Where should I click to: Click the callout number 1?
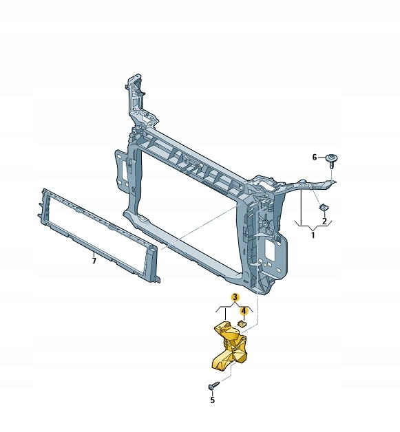click(313, 235)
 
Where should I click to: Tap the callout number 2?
click(324, 221)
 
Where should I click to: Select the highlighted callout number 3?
click(235, 297)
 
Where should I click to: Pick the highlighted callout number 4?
click(244, 312)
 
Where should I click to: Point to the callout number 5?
click(212, 400)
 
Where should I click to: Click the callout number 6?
click(315, 158)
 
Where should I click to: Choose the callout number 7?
click(94, 261)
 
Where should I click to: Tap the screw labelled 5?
click(214, 385)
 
